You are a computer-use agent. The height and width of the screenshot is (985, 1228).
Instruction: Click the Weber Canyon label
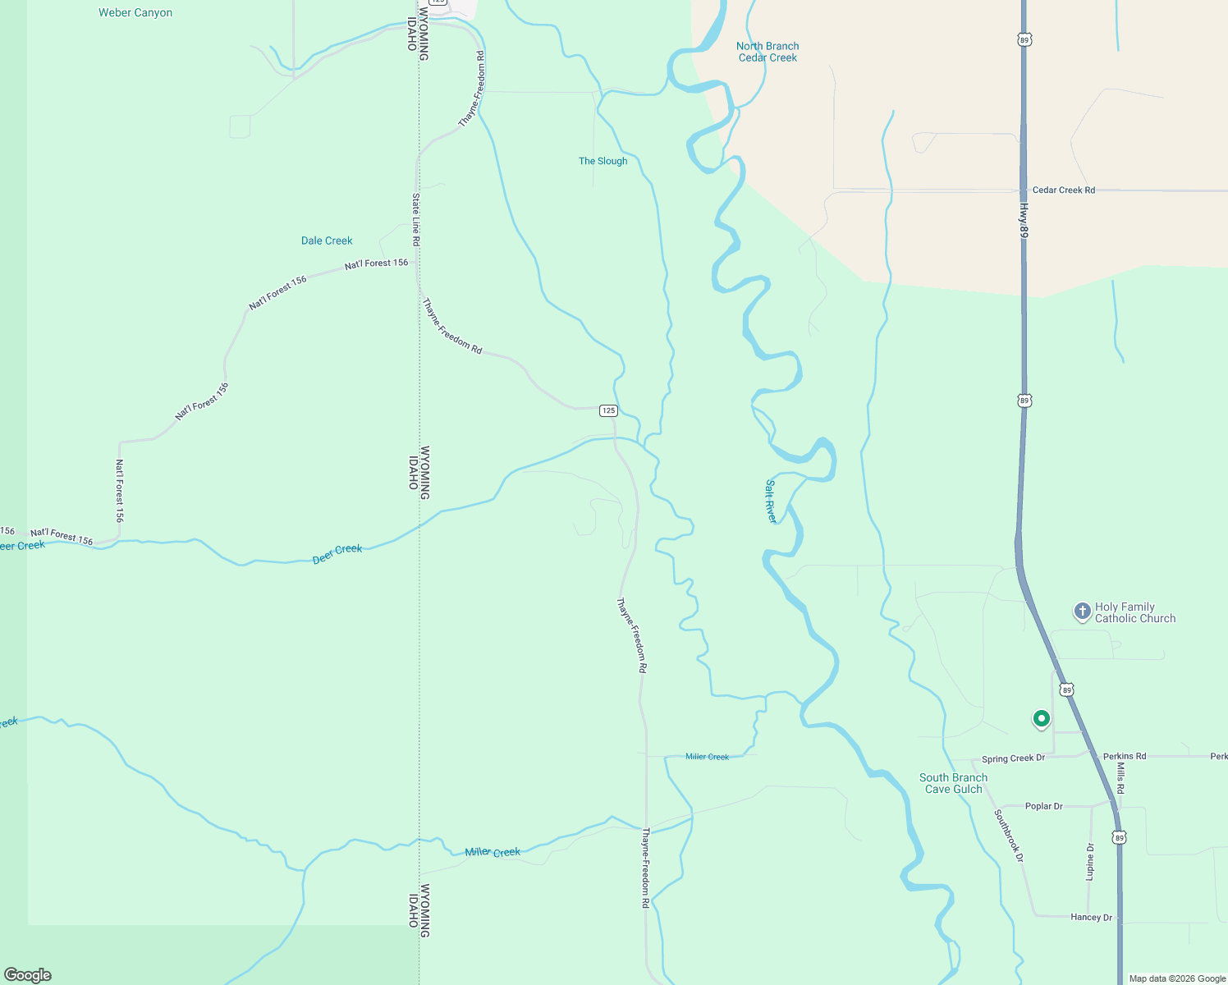click(135, 13)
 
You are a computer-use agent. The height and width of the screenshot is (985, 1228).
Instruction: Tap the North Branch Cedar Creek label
click(767, 52)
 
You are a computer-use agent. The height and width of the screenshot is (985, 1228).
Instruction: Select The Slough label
click(603, 161)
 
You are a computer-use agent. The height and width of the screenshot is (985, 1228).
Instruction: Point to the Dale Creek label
click(327, 241)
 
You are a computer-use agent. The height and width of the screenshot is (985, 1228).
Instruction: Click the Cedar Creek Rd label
click(1063, 190)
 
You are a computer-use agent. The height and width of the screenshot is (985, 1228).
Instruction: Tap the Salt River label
click(771, 502)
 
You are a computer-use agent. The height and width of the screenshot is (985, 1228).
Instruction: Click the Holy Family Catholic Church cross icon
click(1083, 612)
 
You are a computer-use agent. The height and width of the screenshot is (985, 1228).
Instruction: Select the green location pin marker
click(1041, 719)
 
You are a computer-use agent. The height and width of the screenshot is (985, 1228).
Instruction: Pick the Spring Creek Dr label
click(1013, 758)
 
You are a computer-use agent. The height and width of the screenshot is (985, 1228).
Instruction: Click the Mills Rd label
click(1120, 777)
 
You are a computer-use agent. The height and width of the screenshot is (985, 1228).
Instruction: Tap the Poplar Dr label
click(1043, 806)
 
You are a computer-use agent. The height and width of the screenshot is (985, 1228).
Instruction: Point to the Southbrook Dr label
click(1009, 836)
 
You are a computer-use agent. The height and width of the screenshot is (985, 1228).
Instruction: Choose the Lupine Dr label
click(1090, 862)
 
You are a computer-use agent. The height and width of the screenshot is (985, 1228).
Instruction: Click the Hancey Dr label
click(1091, 917)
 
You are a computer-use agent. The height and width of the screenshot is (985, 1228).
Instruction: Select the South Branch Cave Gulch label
click(953, 783)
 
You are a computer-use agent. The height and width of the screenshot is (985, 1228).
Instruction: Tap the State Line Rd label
click(416, 220)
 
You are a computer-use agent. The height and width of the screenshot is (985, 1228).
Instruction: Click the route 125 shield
click(607, 410)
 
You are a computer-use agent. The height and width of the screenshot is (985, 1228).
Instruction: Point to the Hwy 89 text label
click(1024, 222)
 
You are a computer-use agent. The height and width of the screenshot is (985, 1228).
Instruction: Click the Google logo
click(28, 975)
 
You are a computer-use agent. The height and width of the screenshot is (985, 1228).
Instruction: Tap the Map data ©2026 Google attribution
click(1177, 978)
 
